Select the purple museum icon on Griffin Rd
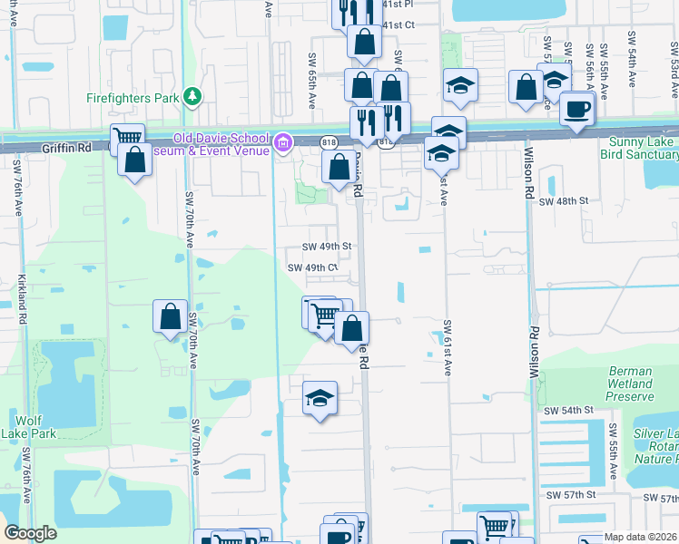282,141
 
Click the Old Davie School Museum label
221,144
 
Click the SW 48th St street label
565,200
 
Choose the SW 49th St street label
326,246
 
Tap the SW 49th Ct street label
312,267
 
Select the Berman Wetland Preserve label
628,384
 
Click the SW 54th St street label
568,411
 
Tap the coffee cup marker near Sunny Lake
576,110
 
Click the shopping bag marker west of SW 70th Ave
170,316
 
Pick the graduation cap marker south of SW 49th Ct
319,398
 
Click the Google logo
30,533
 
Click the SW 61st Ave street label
448,347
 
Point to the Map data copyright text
641,537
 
